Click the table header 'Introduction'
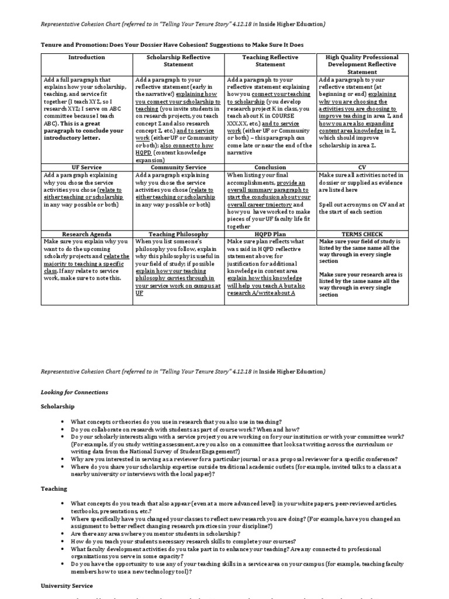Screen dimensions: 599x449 [87, 57]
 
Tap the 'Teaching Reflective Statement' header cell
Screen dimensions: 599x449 [270, 61]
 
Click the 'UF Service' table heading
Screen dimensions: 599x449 [87, 167]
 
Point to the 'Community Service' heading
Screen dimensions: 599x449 [178, 167]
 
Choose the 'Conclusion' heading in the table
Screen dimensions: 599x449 [270, 167]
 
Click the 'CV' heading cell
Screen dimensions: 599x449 [362, 167]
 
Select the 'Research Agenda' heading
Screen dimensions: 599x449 [87, 234]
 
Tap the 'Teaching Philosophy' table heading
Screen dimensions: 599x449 [178, 234]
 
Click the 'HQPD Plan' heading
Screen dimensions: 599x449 [270, 234]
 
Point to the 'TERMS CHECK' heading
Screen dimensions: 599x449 [362, 234]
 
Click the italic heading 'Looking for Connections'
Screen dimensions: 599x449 [74, 392]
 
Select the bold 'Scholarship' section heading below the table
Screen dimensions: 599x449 [57, 405]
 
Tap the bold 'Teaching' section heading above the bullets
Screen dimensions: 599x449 [54, 488]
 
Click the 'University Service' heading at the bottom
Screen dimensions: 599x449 [66, 586]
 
